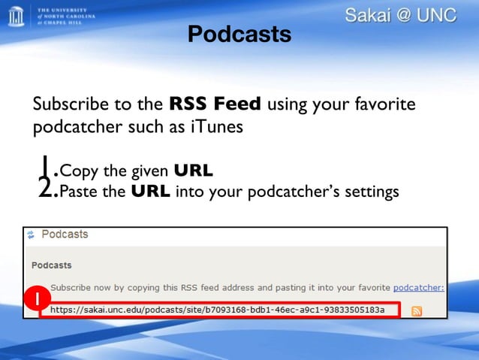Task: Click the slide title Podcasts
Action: coord(239,34)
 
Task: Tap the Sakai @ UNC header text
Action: coord(401,15)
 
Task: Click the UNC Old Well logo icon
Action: coord(16,15)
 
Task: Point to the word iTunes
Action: coord(217,126)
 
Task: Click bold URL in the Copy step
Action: coord(193,170)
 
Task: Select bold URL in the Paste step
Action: coord(150,192)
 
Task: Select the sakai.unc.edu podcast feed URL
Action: coord(217,310)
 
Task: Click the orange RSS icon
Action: coord(416,311)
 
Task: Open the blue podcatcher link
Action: coord(418,287)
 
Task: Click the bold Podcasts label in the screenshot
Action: coord(51,265)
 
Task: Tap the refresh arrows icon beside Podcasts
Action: coord(31,235)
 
